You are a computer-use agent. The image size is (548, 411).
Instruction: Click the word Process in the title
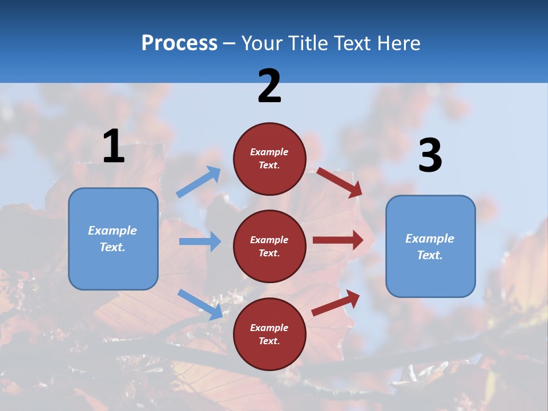179,43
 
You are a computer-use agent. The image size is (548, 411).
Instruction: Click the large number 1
114,147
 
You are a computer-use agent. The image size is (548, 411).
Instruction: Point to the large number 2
269,86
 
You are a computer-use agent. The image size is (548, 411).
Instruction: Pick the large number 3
430,156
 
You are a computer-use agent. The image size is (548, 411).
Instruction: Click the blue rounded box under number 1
113,239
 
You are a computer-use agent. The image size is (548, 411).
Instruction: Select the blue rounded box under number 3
430,246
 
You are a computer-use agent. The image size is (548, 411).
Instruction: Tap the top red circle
269,158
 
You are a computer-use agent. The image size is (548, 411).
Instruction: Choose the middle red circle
269,246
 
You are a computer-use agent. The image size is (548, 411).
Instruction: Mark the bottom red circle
269,334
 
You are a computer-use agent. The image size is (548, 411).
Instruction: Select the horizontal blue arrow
200,241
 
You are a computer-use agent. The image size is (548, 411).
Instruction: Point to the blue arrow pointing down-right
200,304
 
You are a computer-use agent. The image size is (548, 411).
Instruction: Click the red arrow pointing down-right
340,182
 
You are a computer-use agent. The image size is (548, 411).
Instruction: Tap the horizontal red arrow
338,240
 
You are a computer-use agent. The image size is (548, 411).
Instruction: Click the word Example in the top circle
269,152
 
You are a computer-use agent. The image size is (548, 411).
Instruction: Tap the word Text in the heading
357,43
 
